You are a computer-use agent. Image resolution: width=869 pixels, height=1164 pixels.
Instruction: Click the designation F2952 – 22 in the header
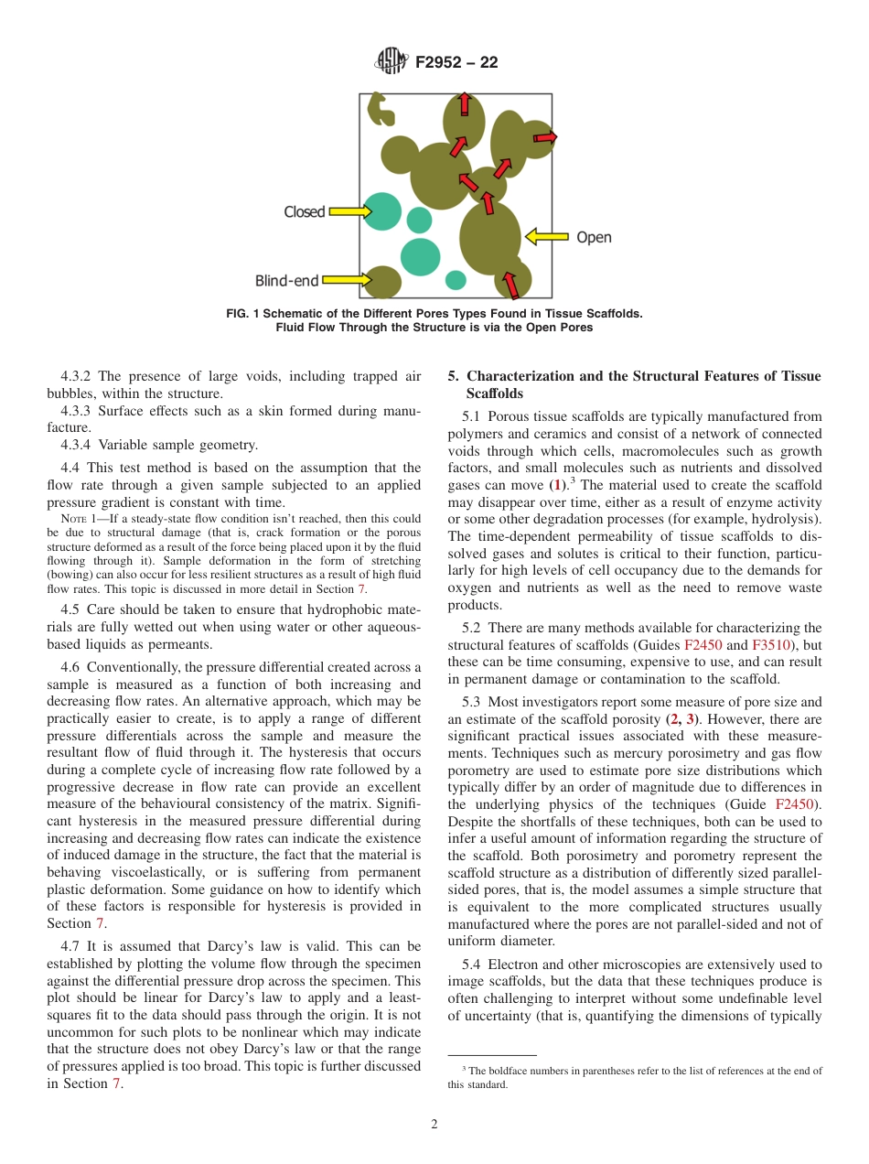[x=456, y=63]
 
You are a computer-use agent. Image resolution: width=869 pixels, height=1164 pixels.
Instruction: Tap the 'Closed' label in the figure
[x=305, y=212]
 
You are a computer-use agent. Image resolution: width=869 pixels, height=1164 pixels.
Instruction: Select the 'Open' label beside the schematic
[x=594, y=238]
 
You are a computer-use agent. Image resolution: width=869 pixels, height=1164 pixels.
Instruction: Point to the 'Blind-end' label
[x=287, y=281]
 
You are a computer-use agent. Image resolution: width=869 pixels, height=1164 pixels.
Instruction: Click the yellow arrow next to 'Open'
[x=546, y=238]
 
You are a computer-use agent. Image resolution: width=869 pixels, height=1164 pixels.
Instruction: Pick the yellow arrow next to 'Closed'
[x=349, y=212]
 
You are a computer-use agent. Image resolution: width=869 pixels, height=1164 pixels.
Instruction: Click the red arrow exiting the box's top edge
[x=465, y=103]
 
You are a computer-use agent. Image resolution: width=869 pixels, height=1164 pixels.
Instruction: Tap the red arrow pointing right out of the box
[x=544, y=137]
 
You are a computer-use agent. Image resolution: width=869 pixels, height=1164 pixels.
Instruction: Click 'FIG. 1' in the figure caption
[x=242, y=314]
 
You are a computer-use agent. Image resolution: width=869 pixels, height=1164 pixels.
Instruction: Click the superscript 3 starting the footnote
[x=464, y=1068]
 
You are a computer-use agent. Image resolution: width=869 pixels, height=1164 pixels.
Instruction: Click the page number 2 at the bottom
[x=434, y=1125]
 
